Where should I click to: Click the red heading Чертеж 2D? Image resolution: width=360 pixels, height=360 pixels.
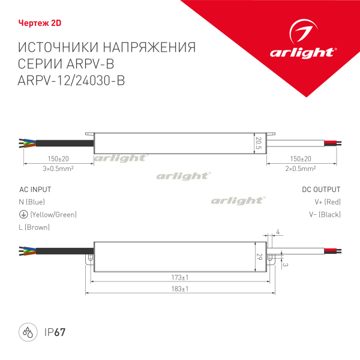pos(40,23)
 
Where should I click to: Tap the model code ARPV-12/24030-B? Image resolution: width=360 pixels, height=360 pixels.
pos(71,80)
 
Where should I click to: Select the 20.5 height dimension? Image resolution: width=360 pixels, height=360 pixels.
pos(259,143)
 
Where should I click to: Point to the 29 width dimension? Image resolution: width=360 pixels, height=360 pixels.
pos(259,257)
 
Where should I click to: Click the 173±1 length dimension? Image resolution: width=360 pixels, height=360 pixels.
pos(180,278)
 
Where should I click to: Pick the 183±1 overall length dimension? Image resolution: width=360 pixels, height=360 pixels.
pos(180,289)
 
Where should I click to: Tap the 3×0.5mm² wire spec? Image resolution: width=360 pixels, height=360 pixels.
pos(58,169)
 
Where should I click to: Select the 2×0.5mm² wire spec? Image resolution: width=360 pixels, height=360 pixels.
pos(301,169)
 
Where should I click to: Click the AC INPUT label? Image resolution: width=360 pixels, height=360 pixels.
pos(35,190)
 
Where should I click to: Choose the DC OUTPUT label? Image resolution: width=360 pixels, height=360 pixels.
pos(321,190)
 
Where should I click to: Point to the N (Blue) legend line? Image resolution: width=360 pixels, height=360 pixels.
pos(32,202)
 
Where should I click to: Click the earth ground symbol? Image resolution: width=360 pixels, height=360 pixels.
pos(23,214)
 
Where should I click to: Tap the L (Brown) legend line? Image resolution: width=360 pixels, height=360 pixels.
pos(34,227)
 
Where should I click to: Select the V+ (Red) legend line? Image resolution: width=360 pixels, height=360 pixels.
pos(328,202)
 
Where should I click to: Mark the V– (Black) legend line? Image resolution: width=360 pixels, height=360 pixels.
pos(325,214)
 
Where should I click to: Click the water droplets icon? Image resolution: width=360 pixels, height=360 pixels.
pos(28,332)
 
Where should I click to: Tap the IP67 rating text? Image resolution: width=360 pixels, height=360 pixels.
pos(55,332)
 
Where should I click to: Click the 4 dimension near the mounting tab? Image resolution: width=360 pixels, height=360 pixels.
pos(278,232)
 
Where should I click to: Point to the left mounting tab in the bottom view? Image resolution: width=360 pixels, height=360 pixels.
pos(90,259)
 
